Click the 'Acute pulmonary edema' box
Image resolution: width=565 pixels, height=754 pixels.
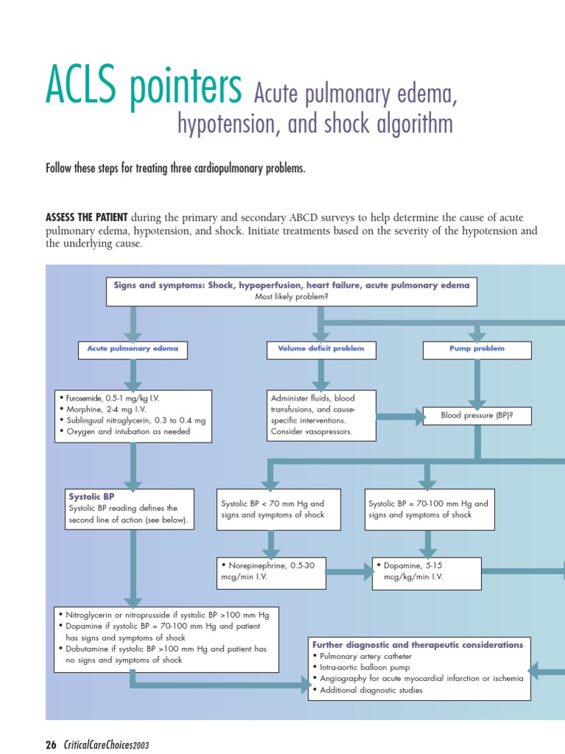(132, 349)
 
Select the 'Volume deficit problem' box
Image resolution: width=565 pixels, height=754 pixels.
(321, 349)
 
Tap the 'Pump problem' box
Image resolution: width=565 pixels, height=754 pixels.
(477, 349)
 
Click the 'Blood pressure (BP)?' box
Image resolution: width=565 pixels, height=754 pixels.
(477, 415)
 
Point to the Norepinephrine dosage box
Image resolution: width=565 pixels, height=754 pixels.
(271, 572)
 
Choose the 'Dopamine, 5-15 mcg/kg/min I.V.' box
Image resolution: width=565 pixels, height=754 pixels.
(427, 572)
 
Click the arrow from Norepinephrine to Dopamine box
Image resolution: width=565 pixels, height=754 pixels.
(350, 571)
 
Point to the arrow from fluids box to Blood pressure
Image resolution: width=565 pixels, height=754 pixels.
(400, 416)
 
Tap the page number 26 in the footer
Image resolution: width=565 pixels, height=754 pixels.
(51, 744)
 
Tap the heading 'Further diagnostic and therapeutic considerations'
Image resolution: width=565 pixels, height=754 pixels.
(418, 644)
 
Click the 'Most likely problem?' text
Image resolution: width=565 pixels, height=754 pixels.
(291, 296)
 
